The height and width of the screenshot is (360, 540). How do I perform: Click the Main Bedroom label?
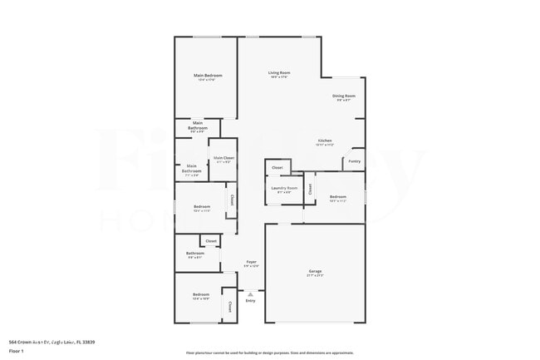(x=208, y=76)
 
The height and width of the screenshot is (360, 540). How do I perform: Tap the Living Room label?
(x=278, y=73)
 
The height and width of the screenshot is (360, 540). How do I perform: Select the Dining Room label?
(x=344, y=96)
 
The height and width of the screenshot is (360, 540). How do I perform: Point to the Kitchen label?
(x=325, y=141)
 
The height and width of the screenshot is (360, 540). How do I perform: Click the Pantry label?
(x=354, y=160)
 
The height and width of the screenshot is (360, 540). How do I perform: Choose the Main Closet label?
(x=223, y=157)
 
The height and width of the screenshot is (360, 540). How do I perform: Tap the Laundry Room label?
(x=284, y=188)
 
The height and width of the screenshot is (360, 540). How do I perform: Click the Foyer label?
(x=250, y=262)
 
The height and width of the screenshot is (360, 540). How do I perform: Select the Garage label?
(x=315, y=271)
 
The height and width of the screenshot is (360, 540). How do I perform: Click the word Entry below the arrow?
(x=250, y=300)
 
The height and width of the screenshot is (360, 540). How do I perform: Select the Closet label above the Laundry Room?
(x=277, y=168)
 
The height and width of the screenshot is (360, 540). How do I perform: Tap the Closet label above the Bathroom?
(x=211, y=241)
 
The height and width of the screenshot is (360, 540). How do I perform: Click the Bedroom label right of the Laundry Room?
(x=337, y=196)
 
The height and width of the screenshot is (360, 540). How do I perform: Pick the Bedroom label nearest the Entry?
(x=201, y=294)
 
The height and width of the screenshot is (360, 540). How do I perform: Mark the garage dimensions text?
(x=315, y=275)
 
